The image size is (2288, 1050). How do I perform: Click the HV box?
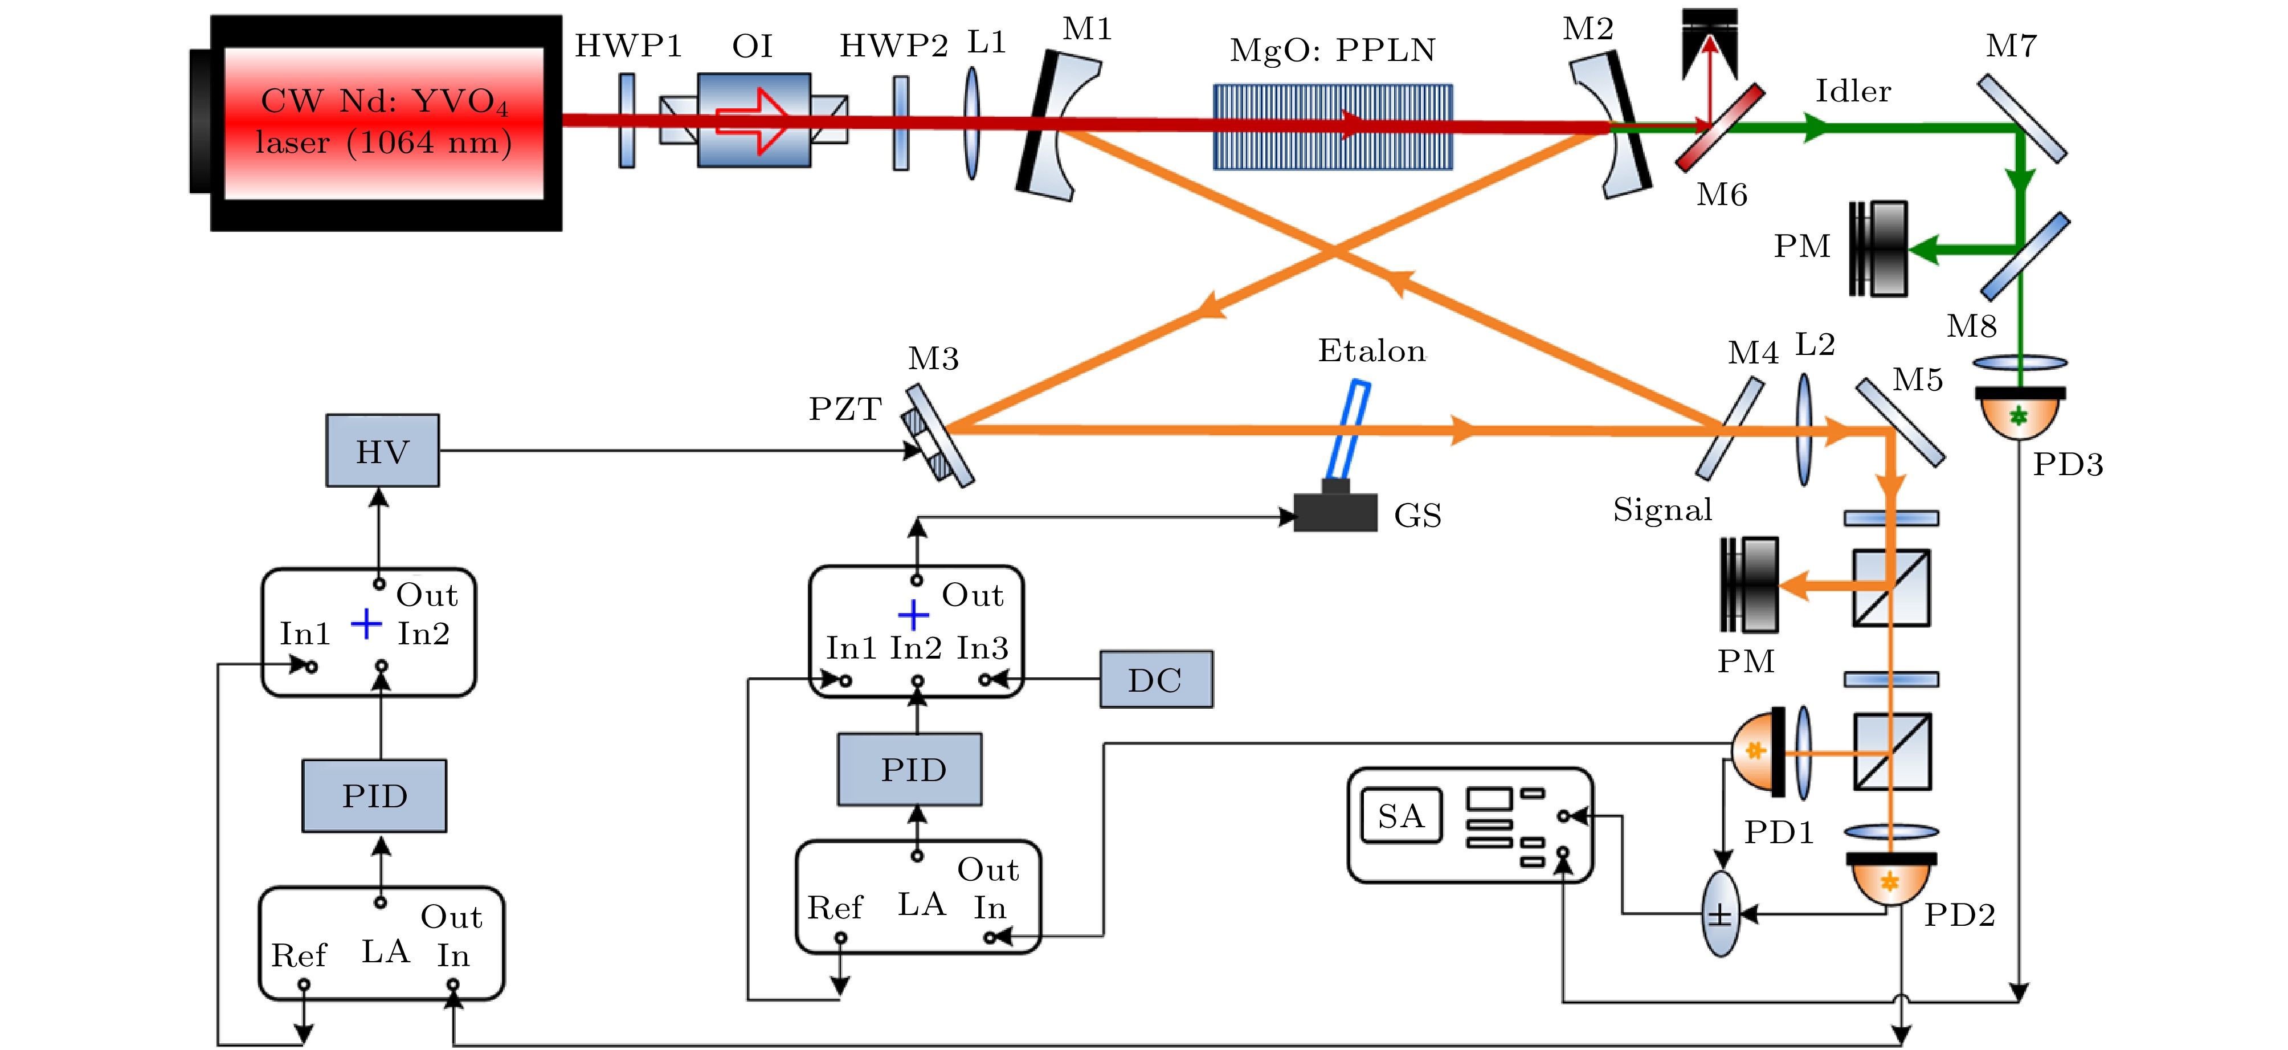(382, 451)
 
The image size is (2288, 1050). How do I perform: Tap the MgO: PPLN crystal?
(1333, 126)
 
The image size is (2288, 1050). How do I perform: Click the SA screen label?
(1401, 815)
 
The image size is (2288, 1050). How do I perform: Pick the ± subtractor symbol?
(1721, 913)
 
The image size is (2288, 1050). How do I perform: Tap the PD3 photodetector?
(2020, 412)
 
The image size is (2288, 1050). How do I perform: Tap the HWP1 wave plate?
(627, 121)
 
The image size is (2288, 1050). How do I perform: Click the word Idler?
(1853, 91)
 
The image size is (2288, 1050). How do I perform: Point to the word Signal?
(1662, 510)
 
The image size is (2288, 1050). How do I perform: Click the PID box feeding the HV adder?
(374, 795)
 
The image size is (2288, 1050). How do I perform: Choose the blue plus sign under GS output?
(913, 614)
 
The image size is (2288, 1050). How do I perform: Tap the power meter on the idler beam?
(1878, 249)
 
